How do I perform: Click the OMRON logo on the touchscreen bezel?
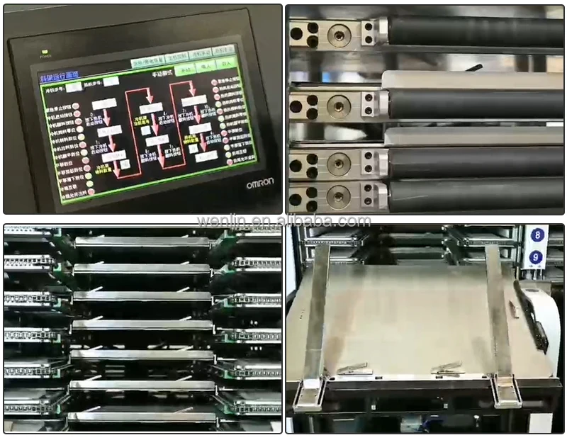tap(259, 183)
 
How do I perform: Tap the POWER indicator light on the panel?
tap(45, 52)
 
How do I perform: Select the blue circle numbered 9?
tap(537, 257)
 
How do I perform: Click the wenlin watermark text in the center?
tap(283, 220)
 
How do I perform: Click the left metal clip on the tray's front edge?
tap(352, 368)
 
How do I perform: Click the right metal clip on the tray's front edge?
tap(447, 368)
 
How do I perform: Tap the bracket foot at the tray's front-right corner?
tap(506, 392)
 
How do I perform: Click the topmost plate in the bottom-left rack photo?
tap(142, 242)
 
